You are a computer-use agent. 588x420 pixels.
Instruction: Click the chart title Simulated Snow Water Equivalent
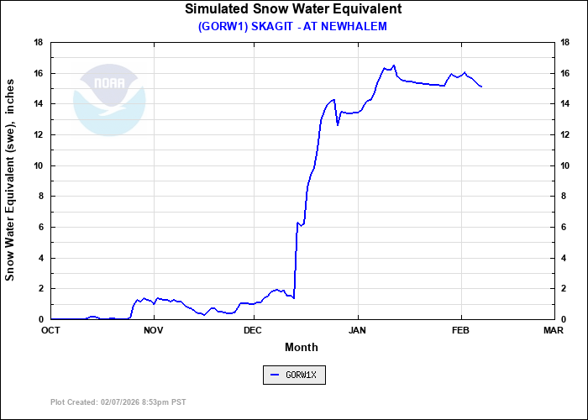click(x=293, y=9)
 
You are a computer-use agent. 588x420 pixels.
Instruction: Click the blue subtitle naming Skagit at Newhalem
click(x=292, y=26)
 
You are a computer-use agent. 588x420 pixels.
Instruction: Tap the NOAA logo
click(x=109, y=100)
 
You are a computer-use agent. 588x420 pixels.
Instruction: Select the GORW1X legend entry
click(x=294, y=375)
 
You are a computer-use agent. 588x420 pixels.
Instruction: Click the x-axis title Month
click(x=301, y=347)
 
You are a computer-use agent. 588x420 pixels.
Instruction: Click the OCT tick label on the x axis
click(x=50, y=330)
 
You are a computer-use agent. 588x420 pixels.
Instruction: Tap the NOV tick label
click(x=153, y=330)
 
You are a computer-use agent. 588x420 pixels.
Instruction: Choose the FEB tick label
click(x=461, y=330)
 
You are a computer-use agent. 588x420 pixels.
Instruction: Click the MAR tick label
click(x=553, y=330)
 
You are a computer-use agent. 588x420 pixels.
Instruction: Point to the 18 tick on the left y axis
click(x=39, y=42)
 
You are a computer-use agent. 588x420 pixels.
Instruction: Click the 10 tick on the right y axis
click(x=565, y=165)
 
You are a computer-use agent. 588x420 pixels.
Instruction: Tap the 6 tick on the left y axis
click(x=41, y=227)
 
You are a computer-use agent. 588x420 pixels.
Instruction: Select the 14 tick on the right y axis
click(x=565, y=104)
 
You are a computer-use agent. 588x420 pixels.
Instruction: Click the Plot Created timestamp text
click(x=118, y=402)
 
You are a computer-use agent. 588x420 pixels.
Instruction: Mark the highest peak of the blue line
click(x=394, y=65)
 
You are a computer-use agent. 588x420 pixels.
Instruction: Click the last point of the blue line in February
click(x=481, y=87)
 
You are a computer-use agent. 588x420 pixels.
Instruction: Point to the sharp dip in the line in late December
click(x=338, y=125)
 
